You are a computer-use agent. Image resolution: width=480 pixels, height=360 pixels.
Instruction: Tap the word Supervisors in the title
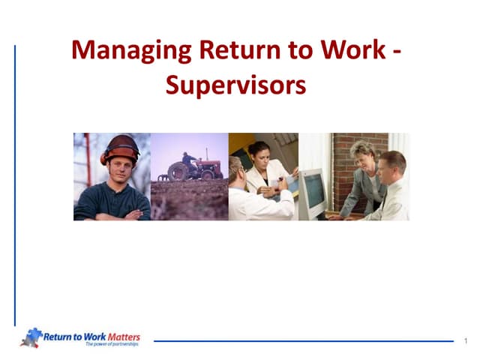pyautogui.click(x=235, y=85)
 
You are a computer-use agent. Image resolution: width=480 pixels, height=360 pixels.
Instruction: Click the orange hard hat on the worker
pyautogui.click(x=120, y=146)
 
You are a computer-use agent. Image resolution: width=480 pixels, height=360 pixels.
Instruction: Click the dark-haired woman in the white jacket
pyautogui.click(x=262, y=169)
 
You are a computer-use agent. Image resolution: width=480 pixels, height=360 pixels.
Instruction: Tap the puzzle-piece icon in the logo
pyautogui.click(x=31, y=337)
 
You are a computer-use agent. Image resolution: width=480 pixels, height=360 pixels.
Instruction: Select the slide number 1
pyautogui.click(x=466, y=342)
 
